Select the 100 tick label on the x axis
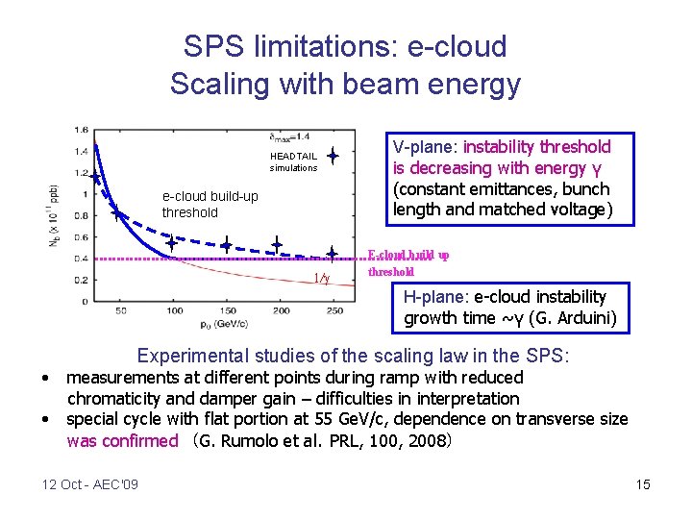(175, 310)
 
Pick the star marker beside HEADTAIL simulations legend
(332, 155)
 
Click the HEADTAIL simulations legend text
(293, 161)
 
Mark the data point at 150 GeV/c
(227, 246)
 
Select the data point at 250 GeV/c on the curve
(332, 254)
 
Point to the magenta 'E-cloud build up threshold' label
(408, 262)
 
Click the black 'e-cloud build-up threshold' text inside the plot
(210, 205)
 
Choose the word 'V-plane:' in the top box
(426, 147)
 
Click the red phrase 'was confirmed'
(122, 441)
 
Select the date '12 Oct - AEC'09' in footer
(90, 484)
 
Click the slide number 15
(643, 484)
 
